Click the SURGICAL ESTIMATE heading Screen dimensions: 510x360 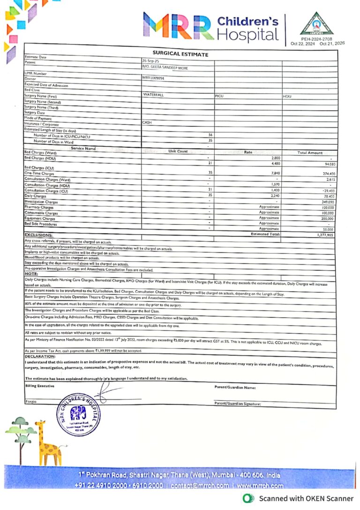[x=180, y=54]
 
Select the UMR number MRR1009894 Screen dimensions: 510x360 [x=154, y=78]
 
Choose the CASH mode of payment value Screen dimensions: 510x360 [x=147, y=122]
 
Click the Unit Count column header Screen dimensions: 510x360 [x=178, y=152]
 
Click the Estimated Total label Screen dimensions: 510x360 [x=265, y=234]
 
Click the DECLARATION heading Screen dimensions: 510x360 [x=40, y=356]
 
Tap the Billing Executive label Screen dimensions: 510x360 [x=39, y=386]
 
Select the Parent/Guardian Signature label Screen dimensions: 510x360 [x=237, y=403]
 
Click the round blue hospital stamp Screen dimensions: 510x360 [x=78, y=413]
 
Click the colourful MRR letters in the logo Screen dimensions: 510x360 [x=178, y=27]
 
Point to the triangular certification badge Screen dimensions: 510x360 [x=317, y=24]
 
